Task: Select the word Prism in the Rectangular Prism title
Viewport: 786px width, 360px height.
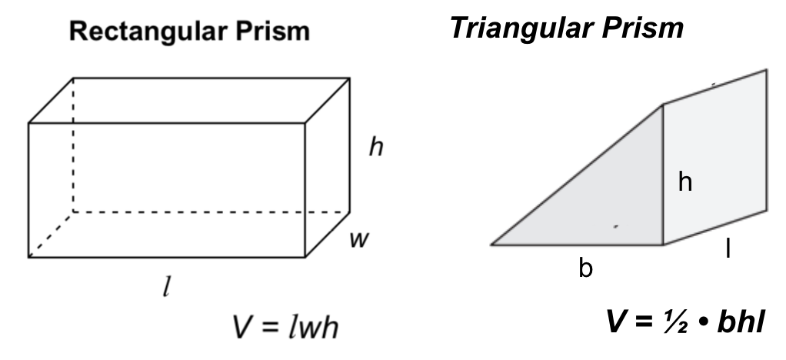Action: click(273, 32)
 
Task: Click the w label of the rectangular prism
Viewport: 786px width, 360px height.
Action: click(356, 239)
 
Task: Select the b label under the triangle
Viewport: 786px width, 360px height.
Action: click(586, 270)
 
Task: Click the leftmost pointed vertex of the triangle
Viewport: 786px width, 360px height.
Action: click(493, 244)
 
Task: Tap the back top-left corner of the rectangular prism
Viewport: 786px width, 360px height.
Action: click(73, 78)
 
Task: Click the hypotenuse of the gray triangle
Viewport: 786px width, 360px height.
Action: click(577, 175)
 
